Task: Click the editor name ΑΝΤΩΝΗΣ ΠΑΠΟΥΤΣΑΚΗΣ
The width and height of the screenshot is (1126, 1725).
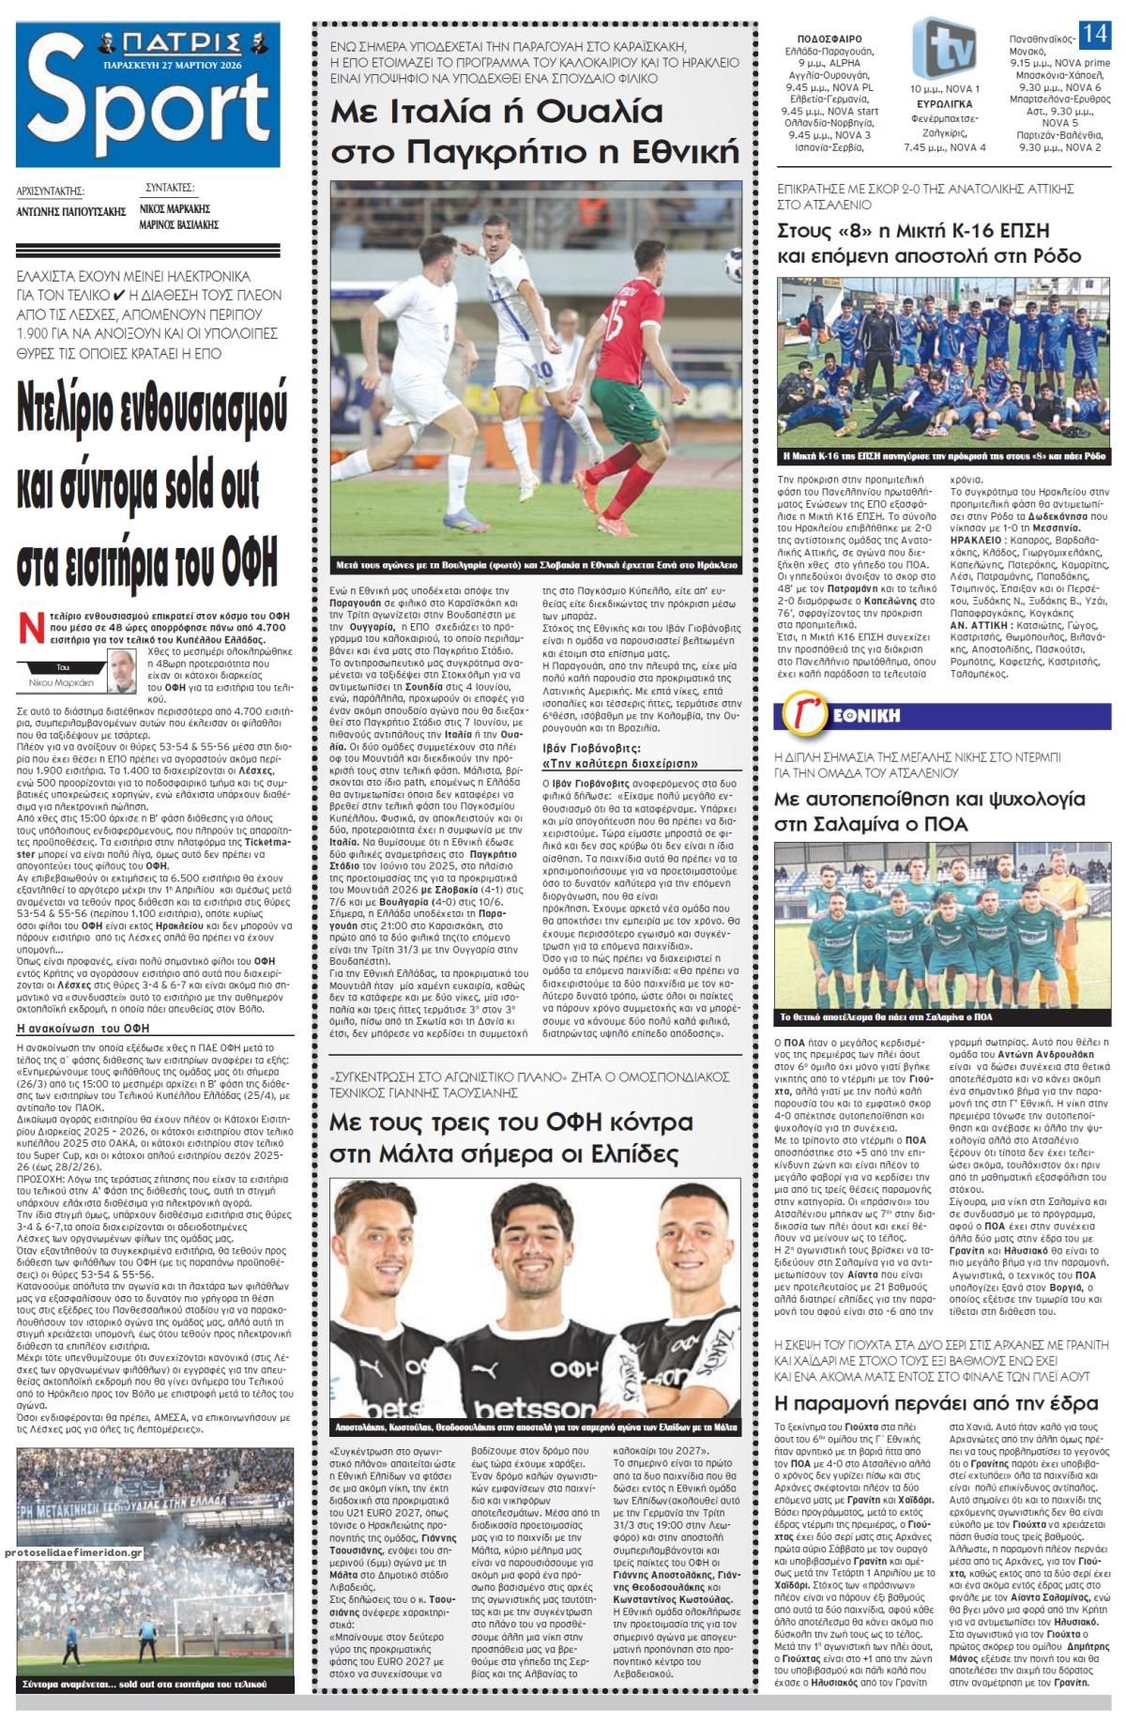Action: coord(71,211)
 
